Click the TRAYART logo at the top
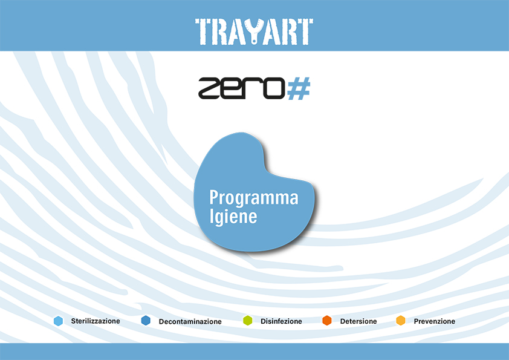click(x=254, y=31)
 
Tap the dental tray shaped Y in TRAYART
click(x=254, y=31)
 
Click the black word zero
click(x=242, y=88)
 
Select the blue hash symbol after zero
click(x=299, y=88)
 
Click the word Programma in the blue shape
click(x=254, y=198)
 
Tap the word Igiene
click(x=233, y=217)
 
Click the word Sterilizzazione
click(x=96, y=321)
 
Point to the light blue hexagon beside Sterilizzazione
click(x=59, y=321)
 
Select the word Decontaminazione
click(x=190, y=321)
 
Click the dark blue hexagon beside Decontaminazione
click(x=146, y=320)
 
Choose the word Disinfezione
click(x=281, y=321)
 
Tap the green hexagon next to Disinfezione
click(x=248, y=320)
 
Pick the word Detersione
click(x=358, y=321)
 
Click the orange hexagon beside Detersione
click(x=327, y=320)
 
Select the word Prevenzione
click(x=434, y=321)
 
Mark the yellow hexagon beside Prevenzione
click(x=401, y=320)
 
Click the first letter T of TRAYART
click(x=204, y=31)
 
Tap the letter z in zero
click(x=209, y=88)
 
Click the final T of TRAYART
click(x=305, y=31)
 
